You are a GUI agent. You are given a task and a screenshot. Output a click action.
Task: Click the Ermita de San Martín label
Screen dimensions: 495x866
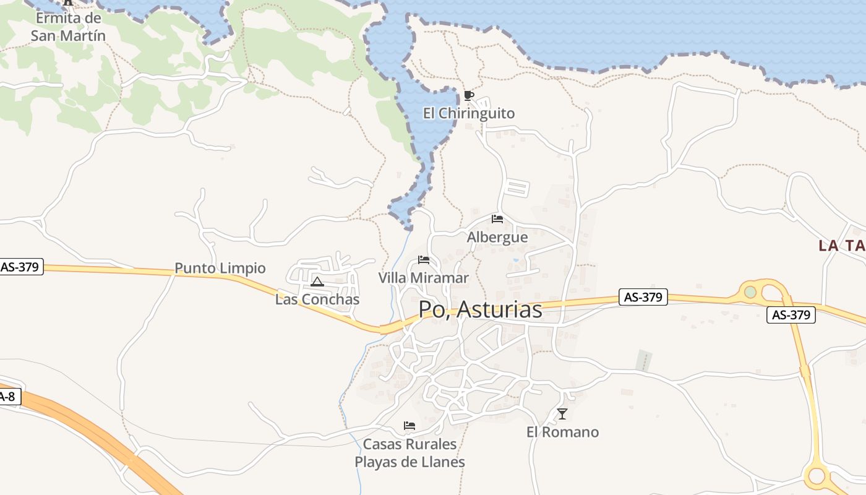pos(68,27)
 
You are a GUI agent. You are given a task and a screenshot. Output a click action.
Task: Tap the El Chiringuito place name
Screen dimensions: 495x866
pos(468,113)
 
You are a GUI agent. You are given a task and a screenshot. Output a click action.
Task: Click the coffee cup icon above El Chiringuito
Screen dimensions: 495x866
pos(468,95)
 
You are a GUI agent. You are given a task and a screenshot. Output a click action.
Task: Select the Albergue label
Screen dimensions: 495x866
pos(497,237)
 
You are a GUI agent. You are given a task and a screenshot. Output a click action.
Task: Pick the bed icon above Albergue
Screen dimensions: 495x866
pos(497,218)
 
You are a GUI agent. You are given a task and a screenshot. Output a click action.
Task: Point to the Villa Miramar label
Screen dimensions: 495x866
pos(424,278)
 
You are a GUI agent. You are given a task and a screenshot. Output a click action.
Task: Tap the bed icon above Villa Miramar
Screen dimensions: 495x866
pos(424,259)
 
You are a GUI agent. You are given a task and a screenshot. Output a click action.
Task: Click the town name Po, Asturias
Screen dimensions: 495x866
pos(480,309)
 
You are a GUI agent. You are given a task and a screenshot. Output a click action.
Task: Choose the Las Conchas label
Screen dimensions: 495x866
pos(317,299)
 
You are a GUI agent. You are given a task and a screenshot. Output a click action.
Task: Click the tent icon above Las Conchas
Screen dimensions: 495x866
pos(317,282)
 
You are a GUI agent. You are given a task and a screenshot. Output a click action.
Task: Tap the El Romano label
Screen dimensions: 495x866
pos(562,432)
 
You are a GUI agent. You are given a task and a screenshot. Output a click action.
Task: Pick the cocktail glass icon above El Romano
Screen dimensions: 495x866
pos(562,414)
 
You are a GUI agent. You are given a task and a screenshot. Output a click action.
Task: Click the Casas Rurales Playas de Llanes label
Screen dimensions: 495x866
pos(409,453)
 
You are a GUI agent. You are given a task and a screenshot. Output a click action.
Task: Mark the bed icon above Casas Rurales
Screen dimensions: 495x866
pos(409,426)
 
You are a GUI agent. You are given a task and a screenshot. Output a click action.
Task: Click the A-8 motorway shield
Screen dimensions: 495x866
pos(7,397)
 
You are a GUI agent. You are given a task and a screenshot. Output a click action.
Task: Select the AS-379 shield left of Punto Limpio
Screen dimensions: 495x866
pos(20,267)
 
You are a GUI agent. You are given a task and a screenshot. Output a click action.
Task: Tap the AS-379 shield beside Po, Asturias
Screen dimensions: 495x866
pos(643,297)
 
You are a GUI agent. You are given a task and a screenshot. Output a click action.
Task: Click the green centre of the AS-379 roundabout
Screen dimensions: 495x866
pos(750,291)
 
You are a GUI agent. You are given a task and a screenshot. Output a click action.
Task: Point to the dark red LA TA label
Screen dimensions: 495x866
pos(841,246)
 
